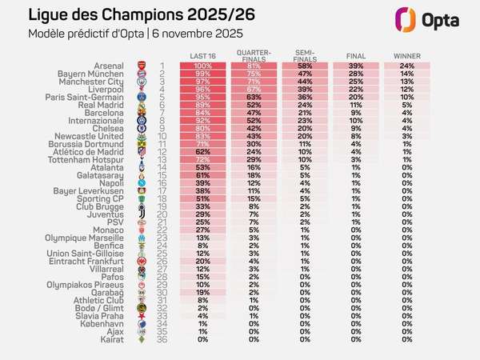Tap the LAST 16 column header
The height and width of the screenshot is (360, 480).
(205, 55)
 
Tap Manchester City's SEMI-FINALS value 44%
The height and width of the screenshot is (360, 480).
(304, 81)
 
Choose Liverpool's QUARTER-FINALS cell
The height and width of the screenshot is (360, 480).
(254, 90)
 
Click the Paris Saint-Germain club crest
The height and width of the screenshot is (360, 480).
(142, 98)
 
